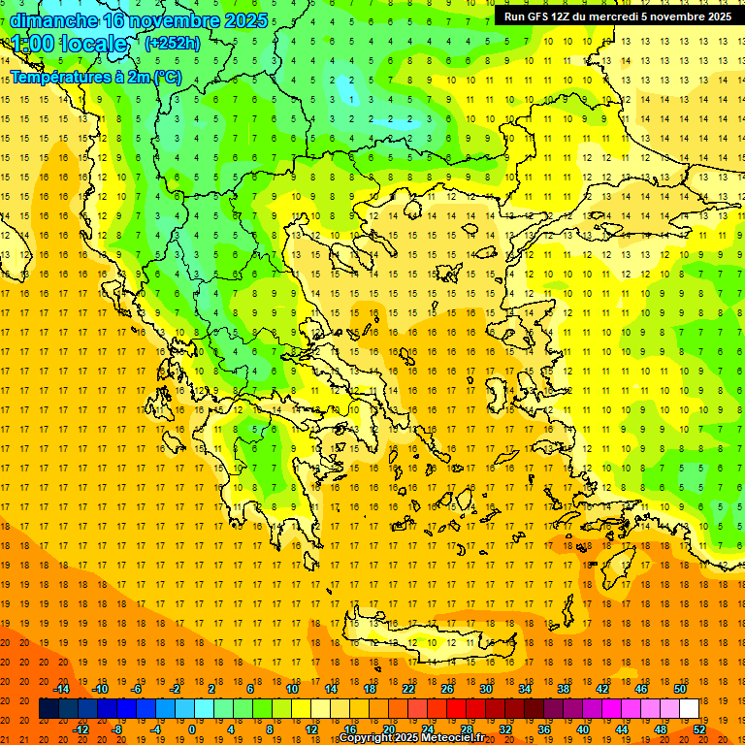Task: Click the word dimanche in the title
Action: point(52,20)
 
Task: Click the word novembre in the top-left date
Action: point(178,20)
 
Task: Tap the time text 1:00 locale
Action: point(69,45)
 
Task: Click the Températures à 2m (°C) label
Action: point(95,77)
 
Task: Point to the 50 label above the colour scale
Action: point(679,689)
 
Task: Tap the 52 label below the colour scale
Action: point(699,729)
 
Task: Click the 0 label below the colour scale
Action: point(192,729)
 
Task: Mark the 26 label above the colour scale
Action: point(447,689)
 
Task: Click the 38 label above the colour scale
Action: point(564,689)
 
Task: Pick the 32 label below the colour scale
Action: point(505,729)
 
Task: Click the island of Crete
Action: point(427,640)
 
